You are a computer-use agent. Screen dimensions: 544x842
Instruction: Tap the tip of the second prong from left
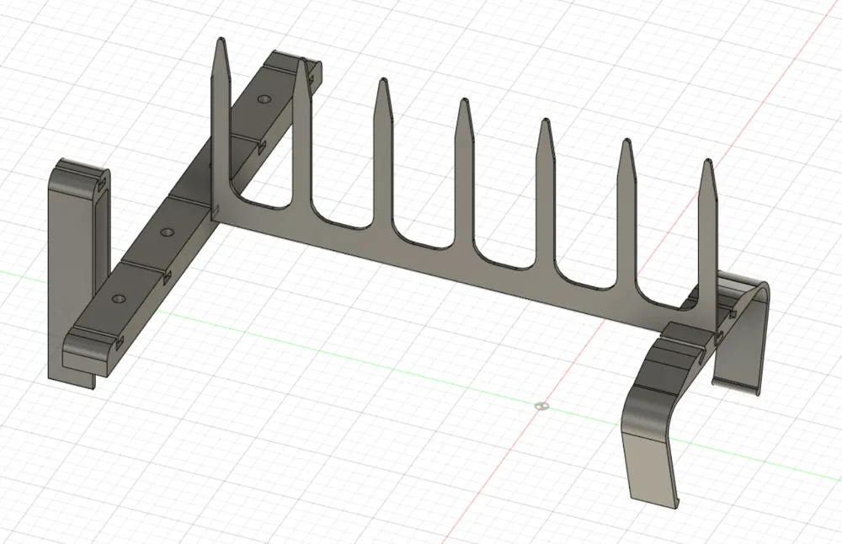[300, 61]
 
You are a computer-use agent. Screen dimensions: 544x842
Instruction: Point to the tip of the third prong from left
[382, 82]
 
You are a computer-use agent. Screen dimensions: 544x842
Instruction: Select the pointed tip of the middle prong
[462, 102]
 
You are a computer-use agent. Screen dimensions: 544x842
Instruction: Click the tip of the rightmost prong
[707, 161]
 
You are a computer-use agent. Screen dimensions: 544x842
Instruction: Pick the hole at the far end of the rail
[265, 99]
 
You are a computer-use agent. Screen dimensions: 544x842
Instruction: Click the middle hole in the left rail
[167, 231]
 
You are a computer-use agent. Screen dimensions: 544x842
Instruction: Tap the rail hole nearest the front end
[116, 298]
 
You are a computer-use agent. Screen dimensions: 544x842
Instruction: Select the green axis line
[337, 354]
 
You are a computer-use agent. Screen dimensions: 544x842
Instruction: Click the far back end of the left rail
[290, 61]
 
